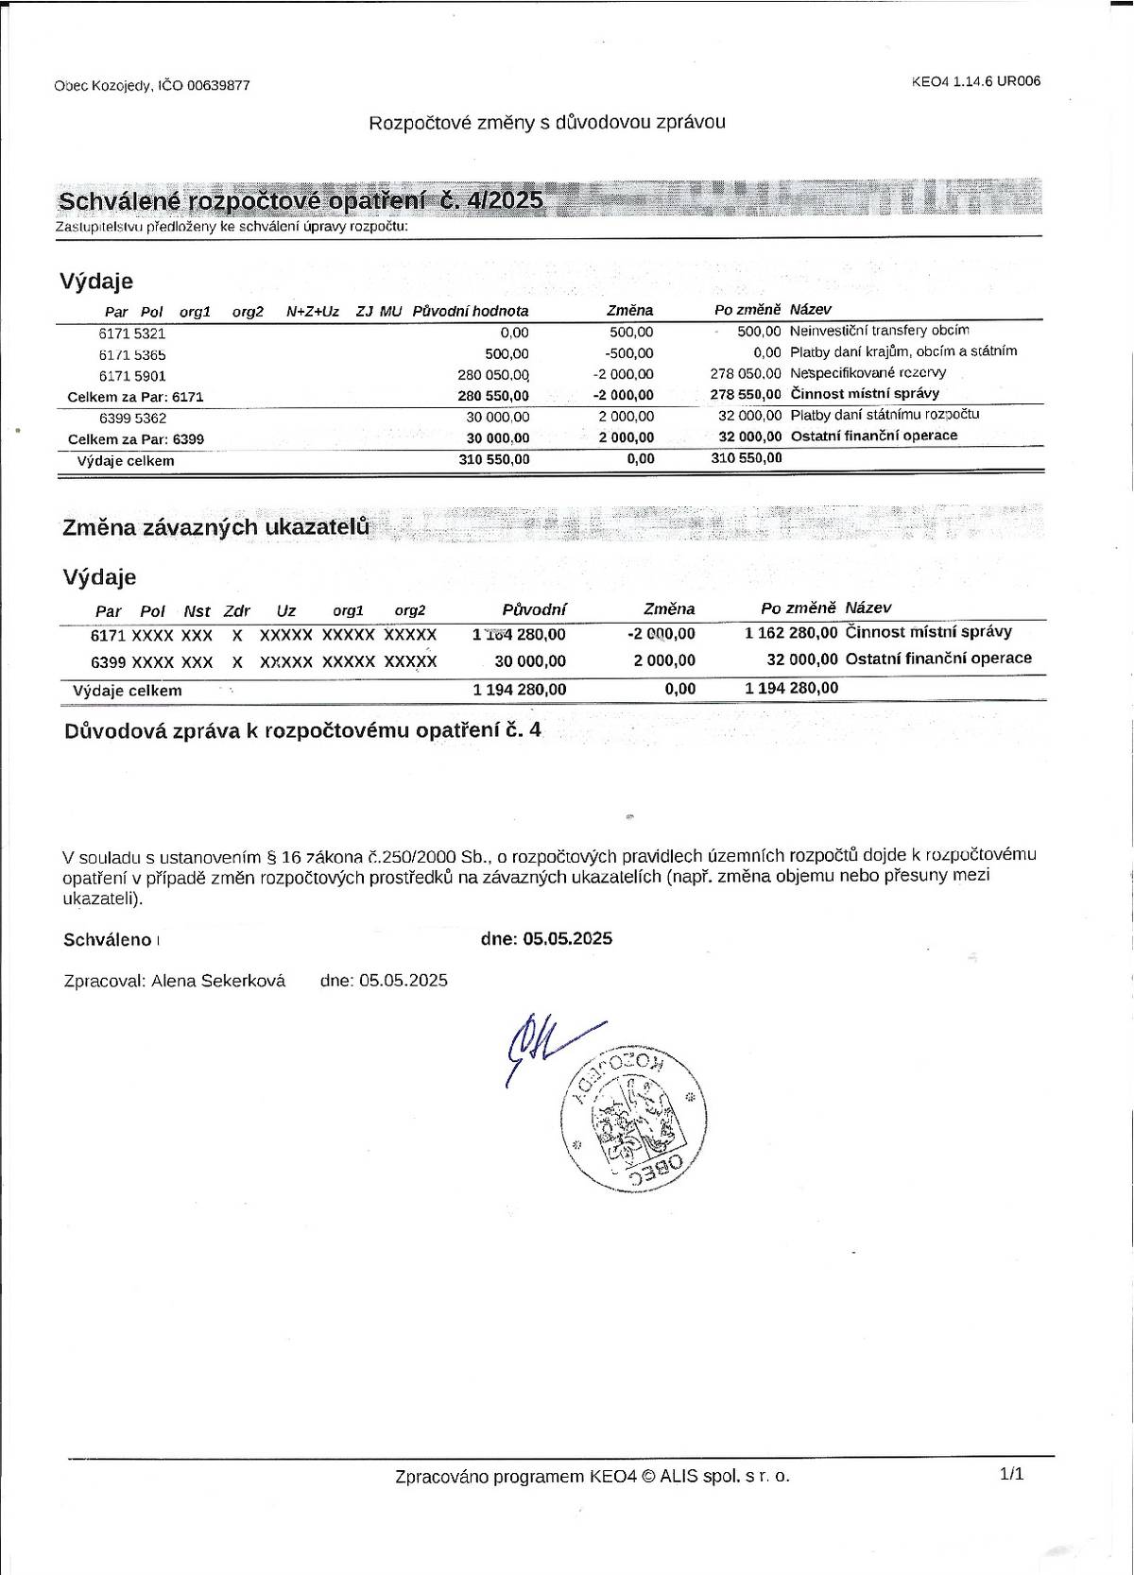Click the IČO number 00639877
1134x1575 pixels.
point(218,85)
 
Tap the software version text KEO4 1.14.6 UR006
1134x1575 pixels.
point(976,81)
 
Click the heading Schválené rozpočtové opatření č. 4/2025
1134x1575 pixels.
point(301,200)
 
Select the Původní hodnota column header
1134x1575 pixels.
point(471,311)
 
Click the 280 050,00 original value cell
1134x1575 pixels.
point(493,375)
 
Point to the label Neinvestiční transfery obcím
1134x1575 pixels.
point(879,331)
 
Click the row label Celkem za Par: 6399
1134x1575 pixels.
point(136,439)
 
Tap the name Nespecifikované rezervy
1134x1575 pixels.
point(868,373)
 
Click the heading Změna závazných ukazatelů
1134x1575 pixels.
point(215,527)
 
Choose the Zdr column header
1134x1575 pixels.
point(237,611)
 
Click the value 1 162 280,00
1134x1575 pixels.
point(791,633)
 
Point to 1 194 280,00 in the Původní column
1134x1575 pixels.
point(520,690)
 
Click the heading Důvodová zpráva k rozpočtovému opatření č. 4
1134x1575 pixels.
point(302,730)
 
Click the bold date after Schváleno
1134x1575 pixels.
point(567,938)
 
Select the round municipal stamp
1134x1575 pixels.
point(634,1118)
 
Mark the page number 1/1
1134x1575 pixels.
point(1011,1473)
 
